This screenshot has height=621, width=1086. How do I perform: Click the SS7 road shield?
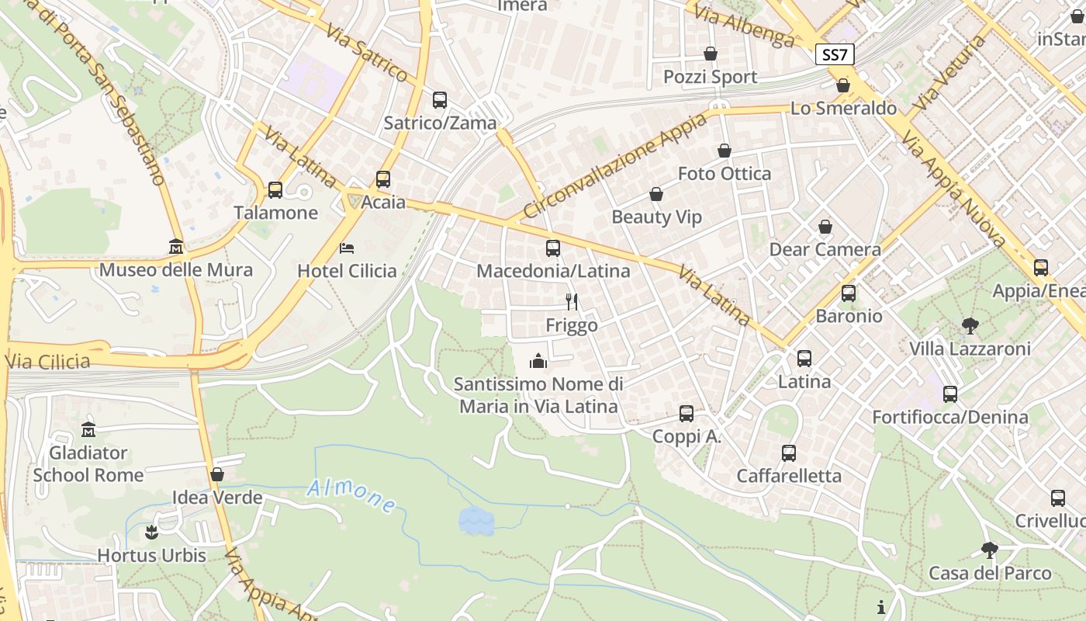pos(835,55)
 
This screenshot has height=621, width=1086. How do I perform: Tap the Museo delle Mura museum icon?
pos(176,248)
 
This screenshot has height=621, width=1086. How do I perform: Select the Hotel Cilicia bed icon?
pos(347,248)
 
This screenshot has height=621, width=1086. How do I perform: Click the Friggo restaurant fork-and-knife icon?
pos(572,302)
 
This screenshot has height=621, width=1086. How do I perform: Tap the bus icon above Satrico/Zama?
pos(439,100)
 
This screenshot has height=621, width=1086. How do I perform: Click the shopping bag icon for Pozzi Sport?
pos(710,54)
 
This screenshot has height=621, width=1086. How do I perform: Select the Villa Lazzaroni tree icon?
pos(970,326)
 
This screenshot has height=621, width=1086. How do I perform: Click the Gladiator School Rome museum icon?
pos(88,429)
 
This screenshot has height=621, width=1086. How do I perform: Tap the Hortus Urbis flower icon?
pos(151,533)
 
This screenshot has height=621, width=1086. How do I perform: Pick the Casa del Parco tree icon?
pos(989,550)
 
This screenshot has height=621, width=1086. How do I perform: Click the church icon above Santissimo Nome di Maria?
pos(538,361)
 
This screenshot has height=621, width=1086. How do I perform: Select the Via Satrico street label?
pos(367,54)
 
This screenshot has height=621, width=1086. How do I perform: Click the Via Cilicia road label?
pos(47,362)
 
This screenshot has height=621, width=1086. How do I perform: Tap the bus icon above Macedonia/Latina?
pos(552,248)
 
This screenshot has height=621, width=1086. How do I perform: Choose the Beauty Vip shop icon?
pos(655,194)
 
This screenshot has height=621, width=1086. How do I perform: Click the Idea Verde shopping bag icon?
pos(217,474)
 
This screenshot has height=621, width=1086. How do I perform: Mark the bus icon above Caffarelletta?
pos(788,453)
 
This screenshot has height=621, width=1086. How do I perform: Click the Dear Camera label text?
pos(825,250)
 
